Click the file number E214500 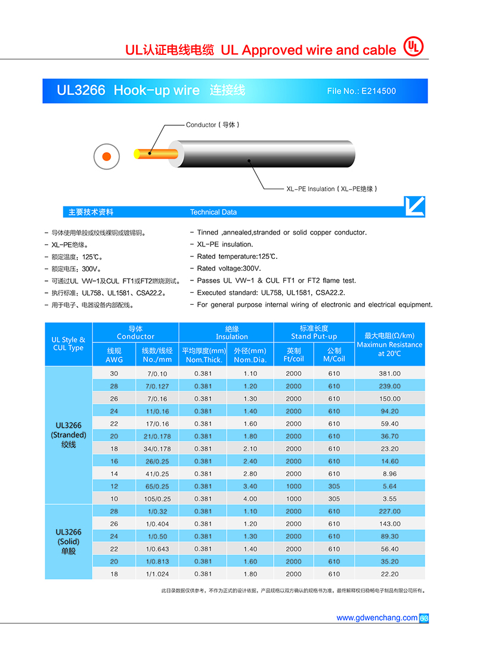point(361,91)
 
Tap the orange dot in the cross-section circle point(106,156)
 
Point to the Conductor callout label point(212,125)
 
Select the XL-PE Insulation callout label point(332,189)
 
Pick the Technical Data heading point(213,212)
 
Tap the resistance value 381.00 point(389,373)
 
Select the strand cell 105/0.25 point(157,499)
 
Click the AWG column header point(114,356)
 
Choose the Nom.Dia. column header point(250,356)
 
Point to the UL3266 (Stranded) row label point(69,435)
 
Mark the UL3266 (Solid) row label point(69,542)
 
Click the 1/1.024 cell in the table point(157,574)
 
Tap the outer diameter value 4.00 point(250,499)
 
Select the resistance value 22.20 point(389,574)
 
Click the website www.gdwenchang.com point(377,617)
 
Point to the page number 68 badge point(425,618)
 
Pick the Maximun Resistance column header point(389,344)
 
